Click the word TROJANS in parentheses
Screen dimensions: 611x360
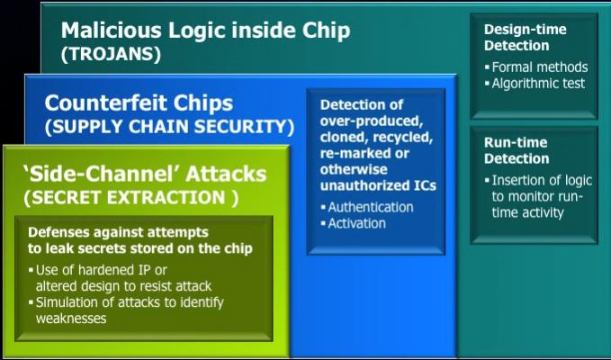[x=111, y=55]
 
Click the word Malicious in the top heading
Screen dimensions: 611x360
[x=111, y=30]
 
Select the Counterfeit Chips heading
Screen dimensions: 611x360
[x=139, y=103]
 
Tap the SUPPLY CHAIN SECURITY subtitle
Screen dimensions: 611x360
[x=169, y=127]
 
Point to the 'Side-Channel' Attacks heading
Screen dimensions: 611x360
[x=145, y=175]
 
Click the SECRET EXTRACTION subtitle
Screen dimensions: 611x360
[x=131, y=198]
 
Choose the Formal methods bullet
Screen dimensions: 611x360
[x=535, y=67]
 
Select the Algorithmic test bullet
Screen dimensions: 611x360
[x=535, y=84]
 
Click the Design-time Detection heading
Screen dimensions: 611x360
[x=526, y=38]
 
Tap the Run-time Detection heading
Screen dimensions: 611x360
[x=517, y=150]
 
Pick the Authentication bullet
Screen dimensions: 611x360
[x=366, y=207]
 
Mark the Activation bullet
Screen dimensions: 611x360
[x=353, y=223]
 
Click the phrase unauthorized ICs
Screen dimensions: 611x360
[x=378, y=185]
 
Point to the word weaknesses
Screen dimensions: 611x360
[x=71, y=318]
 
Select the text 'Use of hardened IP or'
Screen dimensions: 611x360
[x=98, y=270]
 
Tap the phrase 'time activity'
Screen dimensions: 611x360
[x=527, y=212]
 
